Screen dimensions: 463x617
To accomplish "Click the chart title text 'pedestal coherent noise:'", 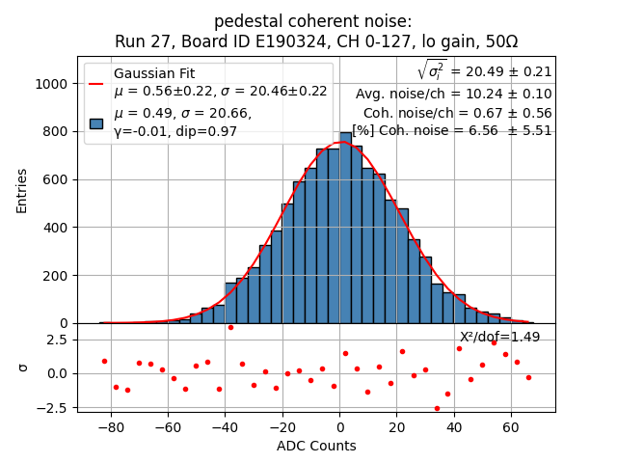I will tap(312, 21).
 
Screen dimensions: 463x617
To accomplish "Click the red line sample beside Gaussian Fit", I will tap(96, 83).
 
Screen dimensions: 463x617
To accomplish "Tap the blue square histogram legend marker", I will tap(96, 123).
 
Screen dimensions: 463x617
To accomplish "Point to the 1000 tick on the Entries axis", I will tap(50, 84).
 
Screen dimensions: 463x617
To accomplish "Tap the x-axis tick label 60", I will tap(511, 428).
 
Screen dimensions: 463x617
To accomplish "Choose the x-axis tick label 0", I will tap(339, 428).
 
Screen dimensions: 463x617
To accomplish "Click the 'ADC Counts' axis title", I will tap(316, 446).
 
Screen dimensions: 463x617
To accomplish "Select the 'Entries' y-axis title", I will tap(22, 190).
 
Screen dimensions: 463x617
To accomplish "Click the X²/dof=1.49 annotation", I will tap(499, 337).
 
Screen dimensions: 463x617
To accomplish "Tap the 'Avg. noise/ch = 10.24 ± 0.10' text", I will tap(453, 94).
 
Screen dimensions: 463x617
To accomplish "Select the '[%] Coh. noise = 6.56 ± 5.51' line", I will tap(451, 130).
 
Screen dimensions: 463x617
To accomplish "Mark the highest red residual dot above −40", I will tap(230, 327).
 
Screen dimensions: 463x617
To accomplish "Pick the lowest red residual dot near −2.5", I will tap(437, 408).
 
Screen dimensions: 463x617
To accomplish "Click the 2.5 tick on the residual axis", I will tap(56, 340).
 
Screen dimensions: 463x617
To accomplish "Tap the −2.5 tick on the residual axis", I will tap(53, 407).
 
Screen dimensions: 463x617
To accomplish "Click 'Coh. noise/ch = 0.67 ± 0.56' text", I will tap(457, 112).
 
